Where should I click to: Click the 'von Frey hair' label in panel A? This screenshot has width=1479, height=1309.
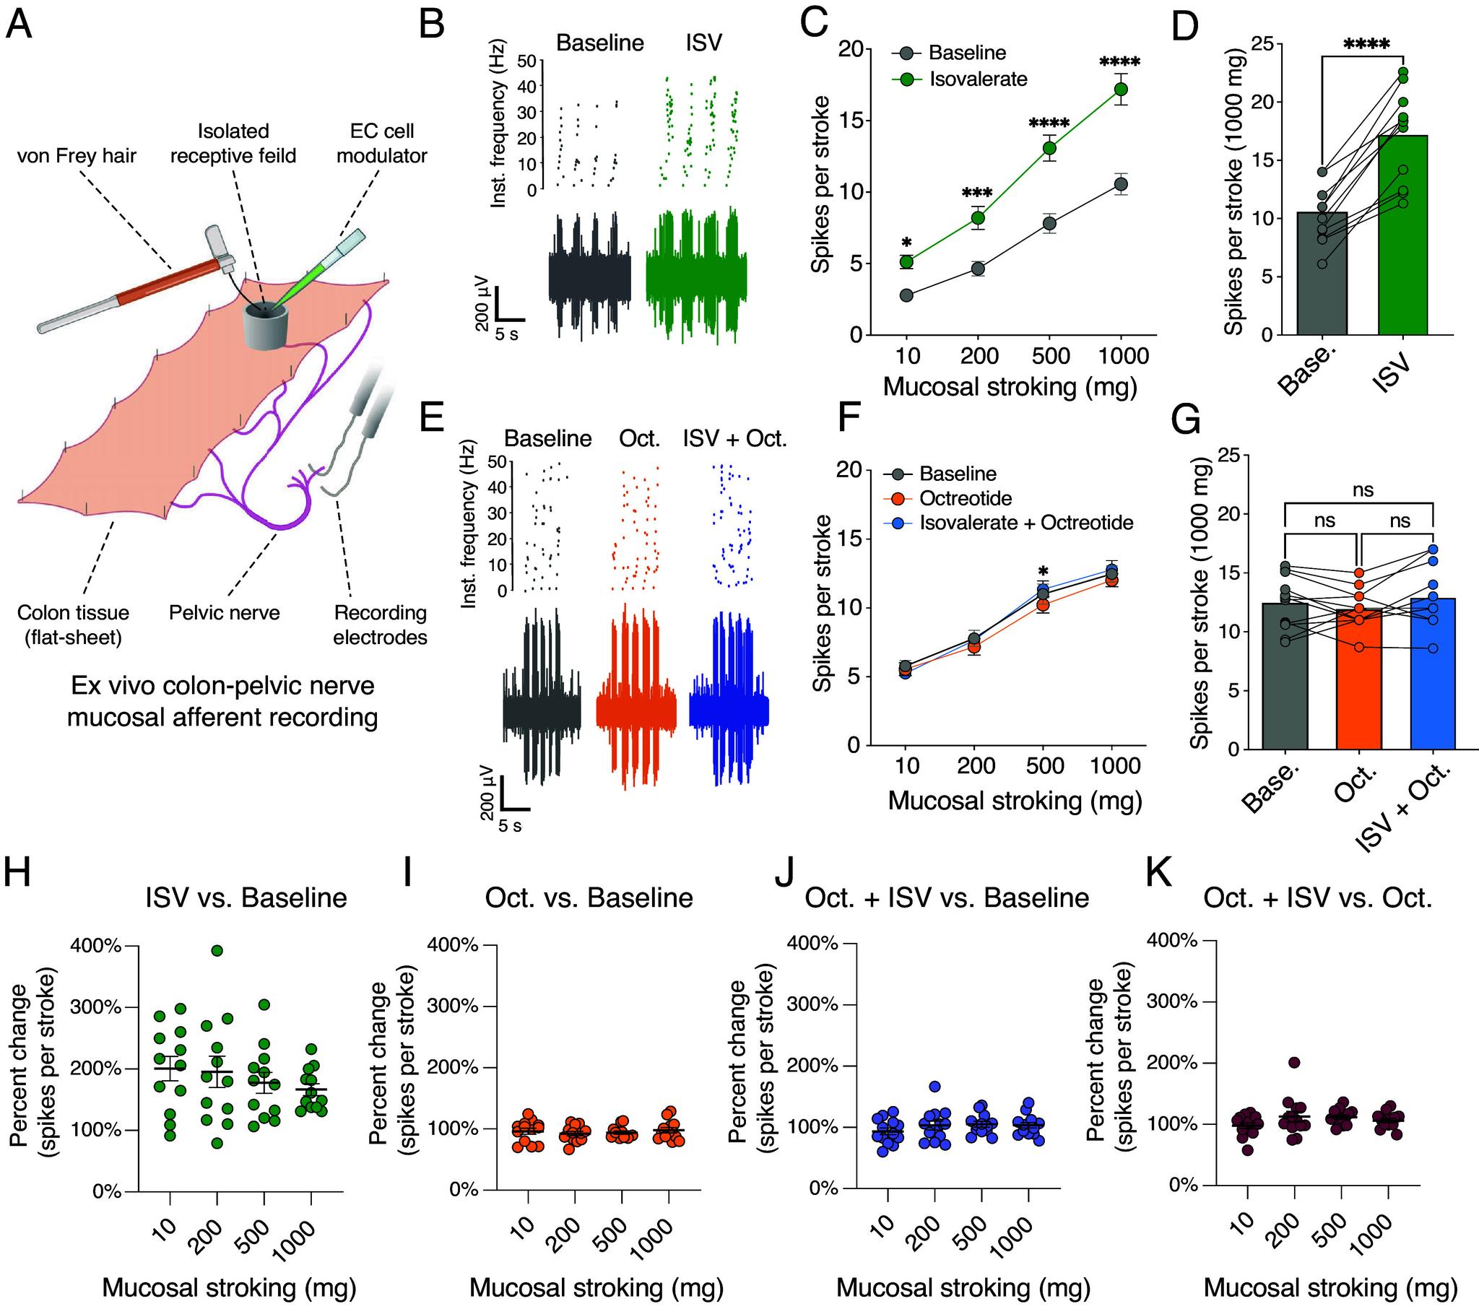(x=77, y=155)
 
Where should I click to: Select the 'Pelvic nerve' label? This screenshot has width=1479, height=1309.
(x=225, y=613)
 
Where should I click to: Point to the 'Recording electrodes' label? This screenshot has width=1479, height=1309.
(x=380, y=625)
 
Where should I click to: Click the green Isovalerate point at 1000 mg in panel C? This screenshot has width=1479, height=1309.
(x=1121, y=89)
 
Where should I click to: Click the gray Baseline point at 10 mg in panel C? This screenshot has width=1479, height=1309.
(x=906, y=295)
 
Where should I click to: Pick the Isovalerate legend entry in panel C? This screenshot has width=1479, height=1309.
(x=978, y=79)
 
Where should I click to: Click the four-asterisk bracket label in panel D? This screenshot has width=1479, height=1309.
(x=1366, y=45)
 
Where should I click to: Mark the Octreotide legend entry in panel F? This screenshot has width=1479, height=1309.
(x=966, y=498)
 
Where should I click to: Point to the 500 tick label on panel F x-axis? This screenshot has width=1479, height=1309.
(x=1045, y=765)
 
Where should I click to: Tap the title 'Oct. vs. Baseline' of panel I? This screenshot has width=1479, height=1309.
(x=589, y=898)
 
